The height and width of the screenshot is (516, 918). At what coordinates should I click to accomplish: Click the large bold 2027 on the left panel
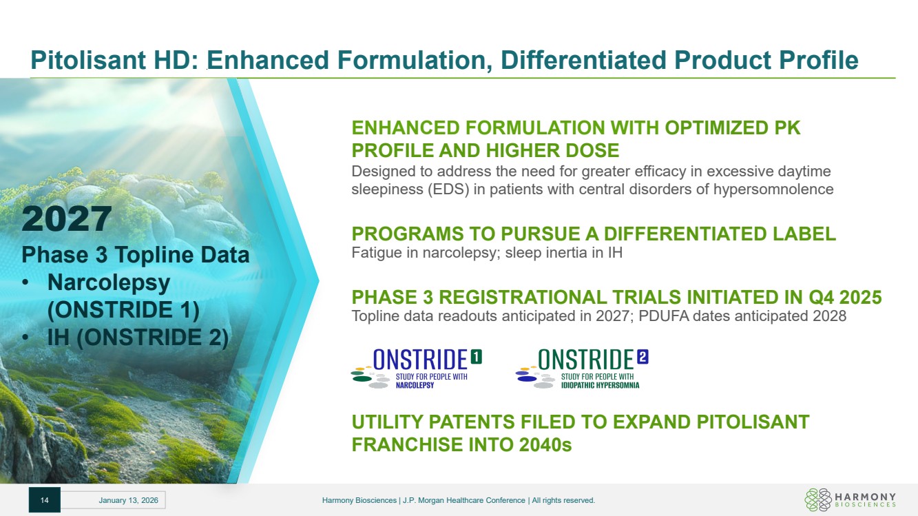click(66, 218)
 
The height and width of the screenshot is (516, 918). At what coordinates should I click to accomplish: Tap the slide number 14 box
click(45, 500)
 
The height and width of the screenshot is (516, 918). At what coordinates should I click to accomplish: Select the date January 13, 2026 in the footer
click(128, 500)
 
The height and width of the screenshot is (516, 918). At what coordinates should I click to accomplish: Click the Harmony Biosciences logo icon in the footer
click(818, 499)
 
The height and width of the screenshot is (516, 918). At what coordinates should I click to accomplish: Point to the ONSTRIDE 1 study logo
click(417, 369)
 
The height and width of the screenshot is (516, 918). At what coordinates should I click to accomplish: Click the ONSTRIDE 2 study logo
click(582, 369)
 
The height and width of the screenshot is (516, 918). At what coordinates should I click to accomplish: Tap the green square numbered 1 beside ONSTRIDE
click(476, 357)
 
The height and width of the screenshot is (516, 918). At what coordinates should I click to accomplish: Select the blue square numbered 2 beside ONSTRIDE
click(643, 357)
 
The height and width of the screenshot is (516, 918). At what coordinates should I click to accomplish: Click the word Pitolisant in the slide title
click(88, 60)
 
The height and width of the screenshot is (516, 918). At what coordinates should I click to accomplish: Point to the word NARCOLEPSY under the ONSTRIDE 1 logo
click(415, 385)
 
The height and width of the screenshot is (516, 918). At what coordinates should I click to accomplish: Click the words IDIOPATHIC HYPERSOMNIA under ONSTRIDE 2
click(600, 385)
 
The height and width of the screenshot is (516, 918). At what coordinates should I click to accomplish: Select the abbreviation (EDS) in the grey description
click(448, 189)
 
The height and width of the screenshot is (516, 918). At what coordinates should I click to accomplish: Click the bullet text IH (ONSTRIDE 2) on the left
click(138, 338)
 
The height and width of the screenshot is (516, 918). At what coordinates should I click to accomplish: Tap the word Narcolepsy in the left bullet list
click(109, 282)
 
